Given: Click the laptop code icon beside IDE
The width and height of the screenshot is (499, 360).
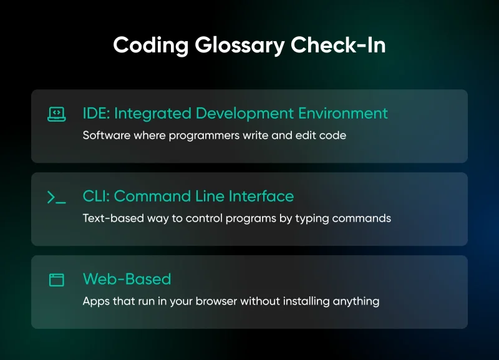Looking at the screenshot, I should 57,114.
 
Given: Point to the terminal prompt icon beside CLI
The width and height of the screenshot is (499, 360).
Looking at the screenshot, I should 57,197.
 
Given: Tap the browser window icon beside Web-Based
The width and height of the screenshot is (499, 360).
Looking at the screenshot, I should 57,280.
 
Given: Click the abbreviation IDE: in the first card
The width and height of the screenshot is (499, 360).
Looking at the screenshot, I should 96,114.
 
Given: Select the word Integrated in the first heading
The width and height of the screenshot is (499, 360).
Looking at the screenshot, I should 152,114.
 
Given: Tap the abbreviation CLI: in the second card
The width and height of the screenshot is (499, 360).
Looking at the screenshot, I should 96,197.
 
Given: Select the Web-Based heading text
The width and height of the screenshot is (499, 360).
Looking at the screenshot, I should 127,279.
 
